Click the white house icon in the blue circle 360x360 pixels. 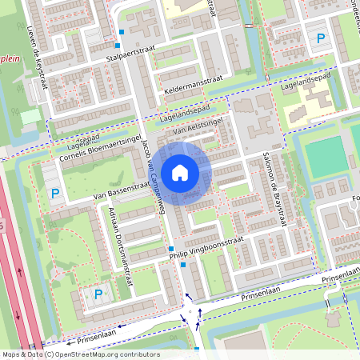click(179, 172)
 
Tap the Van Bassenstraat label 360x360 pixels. click(122, 190)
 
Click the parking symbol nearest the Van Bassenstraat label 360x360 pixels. click(55, 194)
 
